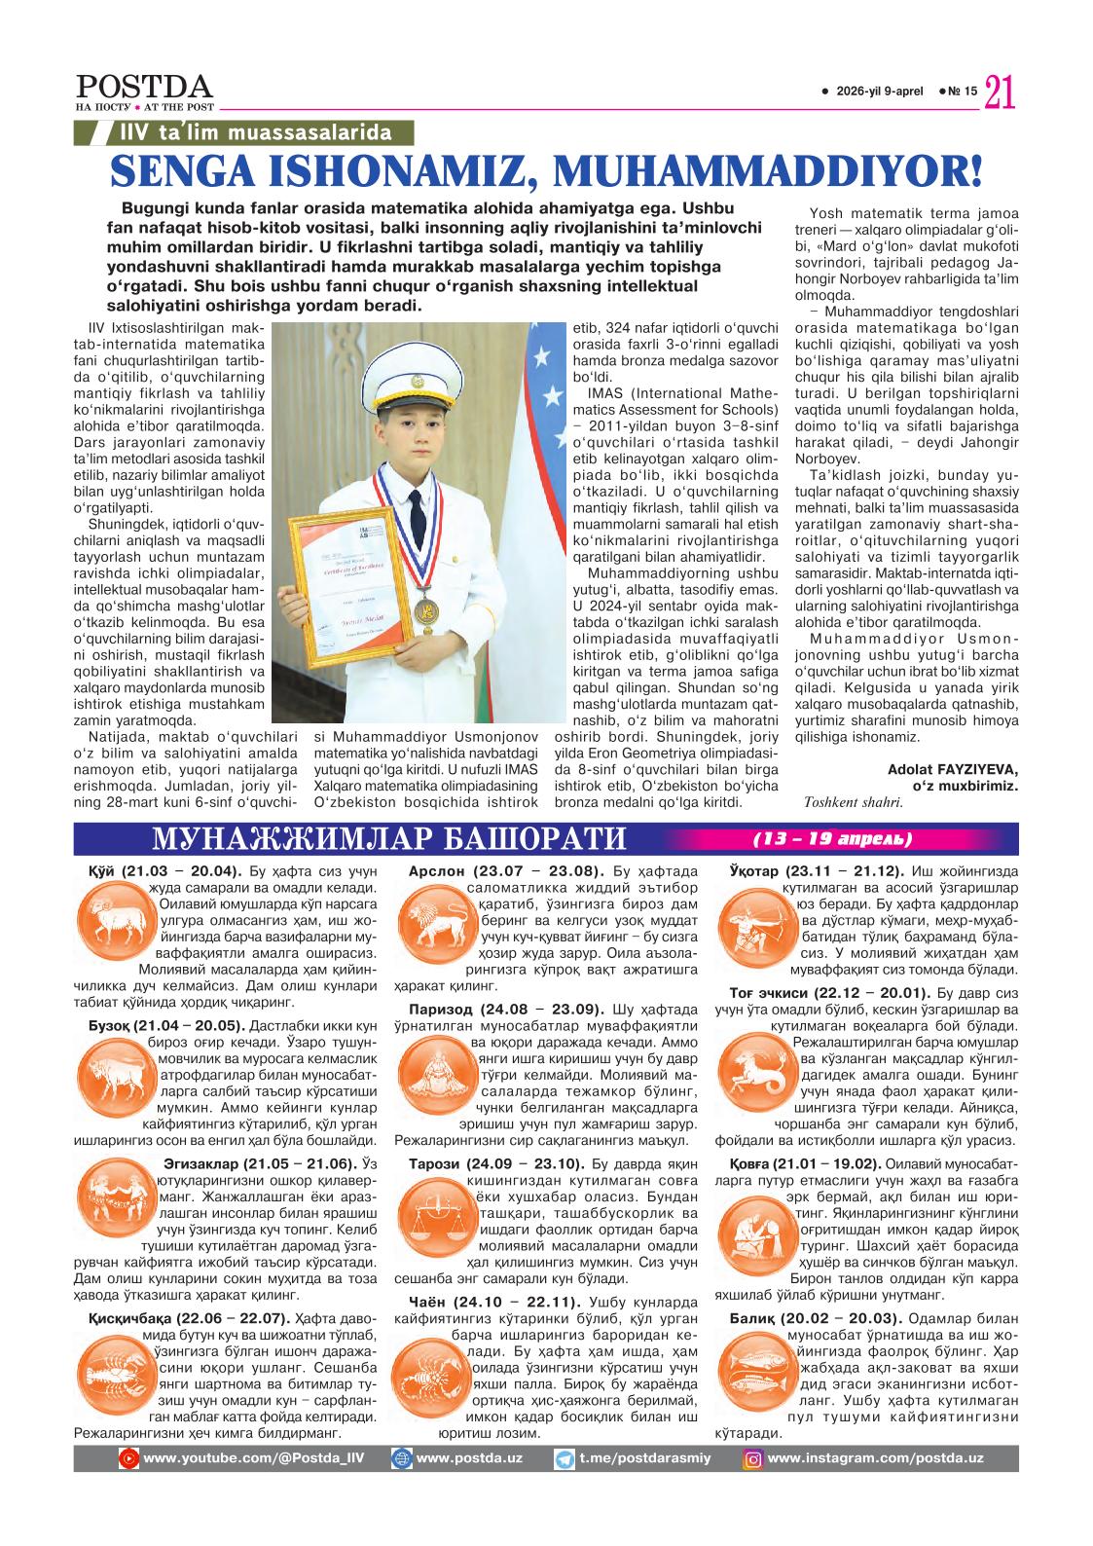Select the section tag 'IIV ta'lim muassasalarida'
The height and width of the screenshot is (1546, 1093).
tap(255, 133)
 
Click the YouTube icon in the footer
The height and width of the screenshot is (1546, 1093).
tap(128, 1458)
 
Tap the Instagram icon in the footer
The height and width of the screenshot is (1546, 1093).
tap(752, 1458)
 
